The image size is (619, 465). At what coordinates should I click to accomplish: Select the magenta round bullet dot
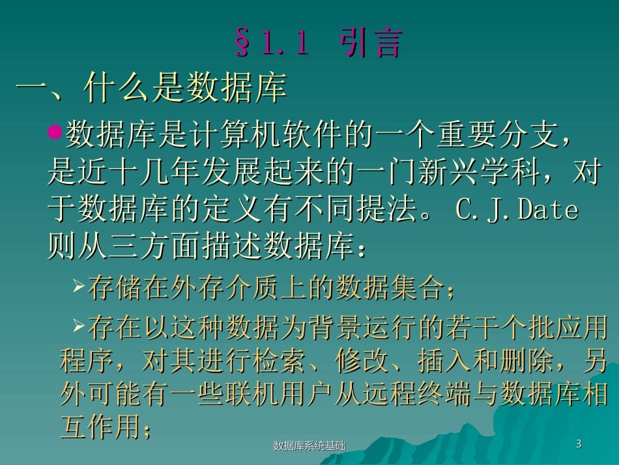(55, 132)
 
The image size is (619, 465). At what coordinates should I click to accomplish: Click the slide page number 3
(579, 444)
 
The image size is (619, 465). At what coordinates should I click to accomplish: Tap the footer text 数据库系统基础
(309, 446)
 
